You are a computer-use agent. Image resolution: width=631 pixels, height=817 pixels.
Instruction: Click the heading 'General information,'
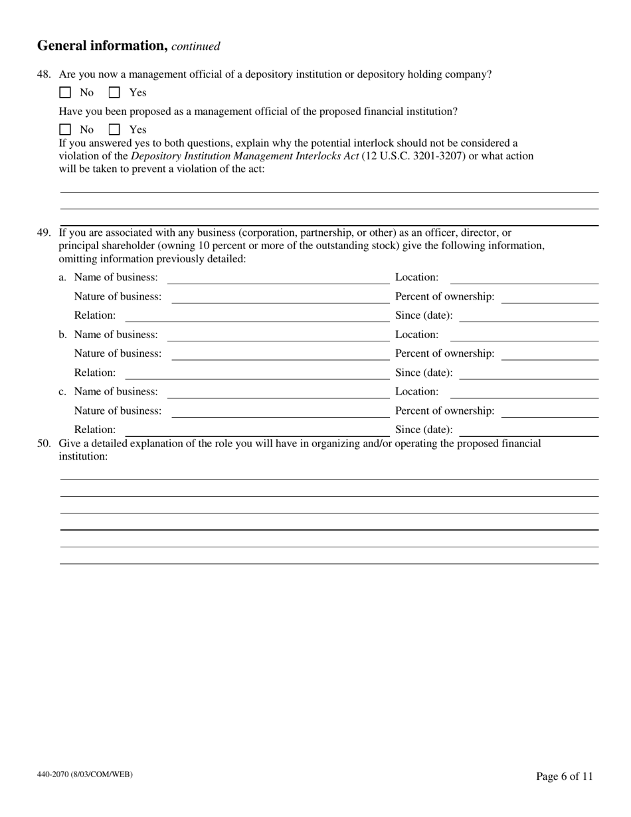point(102,46)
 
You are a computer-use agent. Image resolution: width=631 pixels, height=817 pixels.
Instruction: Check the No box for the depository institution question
point(65,93)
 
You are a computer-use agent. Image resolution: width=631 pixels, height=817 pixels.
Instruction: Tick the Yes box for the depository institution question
point(114,93)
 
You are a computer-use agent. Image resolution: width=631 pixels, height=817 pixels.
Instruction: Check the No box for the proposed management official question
point(65,130)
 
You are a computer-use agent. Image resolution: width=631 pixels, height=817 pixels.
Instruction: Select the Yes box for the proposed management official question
point(114,130)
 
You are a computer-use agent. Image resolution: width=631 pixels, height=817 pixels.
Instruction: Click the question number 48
point(44,74)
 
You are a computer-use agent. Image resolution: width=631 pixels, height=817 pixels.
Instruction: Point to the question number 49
point(44,233)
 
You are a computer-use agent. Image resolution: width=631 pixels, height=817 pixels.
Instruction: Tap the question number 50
point(44,444)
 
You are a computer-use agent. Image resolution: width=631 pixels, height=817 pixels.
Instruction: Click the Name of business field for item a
point(278,278)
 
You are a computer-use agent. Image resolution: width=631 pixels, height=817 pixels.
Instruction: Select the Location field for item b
point(525,335)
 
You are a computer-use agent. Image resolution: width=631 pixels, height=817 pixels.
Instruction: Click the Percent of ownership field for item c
point(550,411)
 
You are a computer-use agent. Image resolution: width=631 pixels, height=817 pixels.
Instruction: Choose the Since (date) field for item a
point(529,316)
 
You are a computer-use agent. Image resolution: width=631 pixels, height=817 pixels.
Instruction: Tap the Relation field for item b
point(256,373)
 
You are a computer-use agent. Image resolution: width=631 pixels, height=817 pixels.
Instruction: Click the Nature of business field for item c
point(280,411)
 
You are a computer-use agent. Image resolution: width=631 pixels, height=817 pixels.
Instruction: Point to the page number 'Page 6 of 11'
point(565,776)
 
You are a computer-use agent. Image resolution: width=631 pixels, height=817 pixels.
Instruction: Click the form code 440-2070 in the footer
point(85,774)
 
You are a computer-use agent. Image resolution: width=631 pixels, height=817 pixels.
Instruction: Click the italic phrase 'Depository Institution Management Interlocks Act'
point(245,156)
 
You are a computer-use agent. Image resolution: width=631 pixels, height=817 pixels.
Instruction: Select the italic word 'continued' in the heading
point(196,46)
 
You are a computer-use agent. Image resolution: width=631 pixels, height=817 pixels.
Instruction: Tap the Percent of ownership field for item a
point(550,297)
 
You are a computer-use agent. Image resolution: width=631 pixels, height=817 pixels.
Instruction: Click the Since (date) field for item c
point(529,430)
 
